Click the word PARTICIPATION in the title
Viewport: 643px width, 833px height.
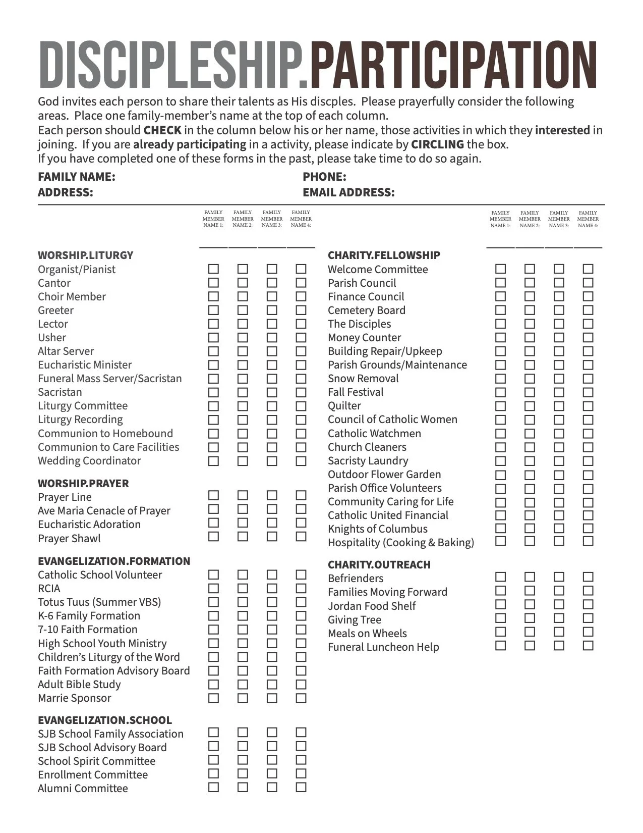[453, 66]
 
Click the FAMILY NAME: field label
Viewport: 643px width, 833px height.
[77, 177]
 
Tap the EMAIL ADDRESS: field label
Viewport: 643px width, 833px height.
[348, 192]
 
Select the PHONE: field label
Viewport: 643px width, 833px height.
[324, 177]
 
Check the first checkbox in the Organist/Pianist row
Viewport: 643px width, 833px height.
[213, 269]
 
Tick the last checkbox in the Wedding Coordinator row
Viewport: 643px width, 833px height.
[301, 461]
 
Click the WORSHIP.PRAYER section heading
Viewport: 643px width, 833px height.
[83, 483]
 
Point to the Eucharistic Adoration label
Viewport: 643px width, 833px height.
[89, 525]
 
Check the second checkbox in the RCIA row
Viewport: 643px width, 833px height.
[243, 589]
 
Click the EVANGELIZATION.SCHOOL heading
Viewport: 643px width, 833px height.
[105, 720]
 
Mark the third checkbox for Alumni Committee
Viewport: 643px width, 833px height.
[272, 787]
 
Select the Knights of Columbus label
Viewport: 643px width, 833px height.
[378, 529]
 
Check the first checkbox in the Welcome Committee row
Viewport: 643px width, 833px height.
[500, 269]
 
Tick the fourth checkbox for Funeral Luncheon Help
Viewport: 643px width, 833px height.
[588, 646]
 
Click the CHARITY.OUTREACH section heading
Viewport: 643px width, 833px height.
[379, 565]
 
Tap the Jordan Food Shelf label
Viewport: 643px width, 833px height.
[372, 606]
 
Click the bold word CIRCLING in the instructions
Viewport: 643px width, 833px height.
[437, 144]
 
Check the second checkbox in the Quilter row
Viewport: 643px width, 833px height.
[530, 406]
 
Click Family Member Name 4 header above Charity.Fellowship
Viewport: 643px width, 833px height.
[588, 219]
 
